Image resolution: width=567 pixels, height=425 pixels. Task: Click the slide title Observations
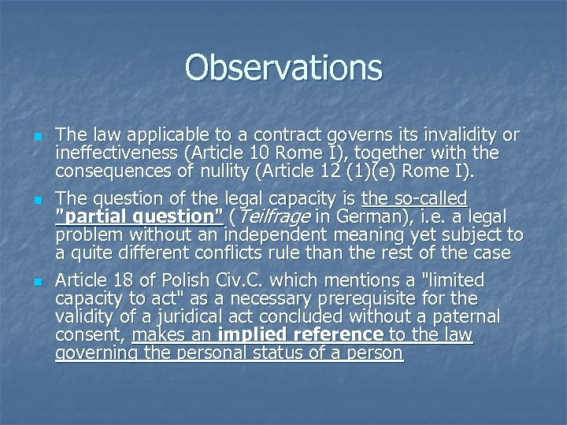(283, 68)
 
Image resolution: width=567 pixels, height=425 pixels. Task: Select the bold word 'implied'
(251, 335)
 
